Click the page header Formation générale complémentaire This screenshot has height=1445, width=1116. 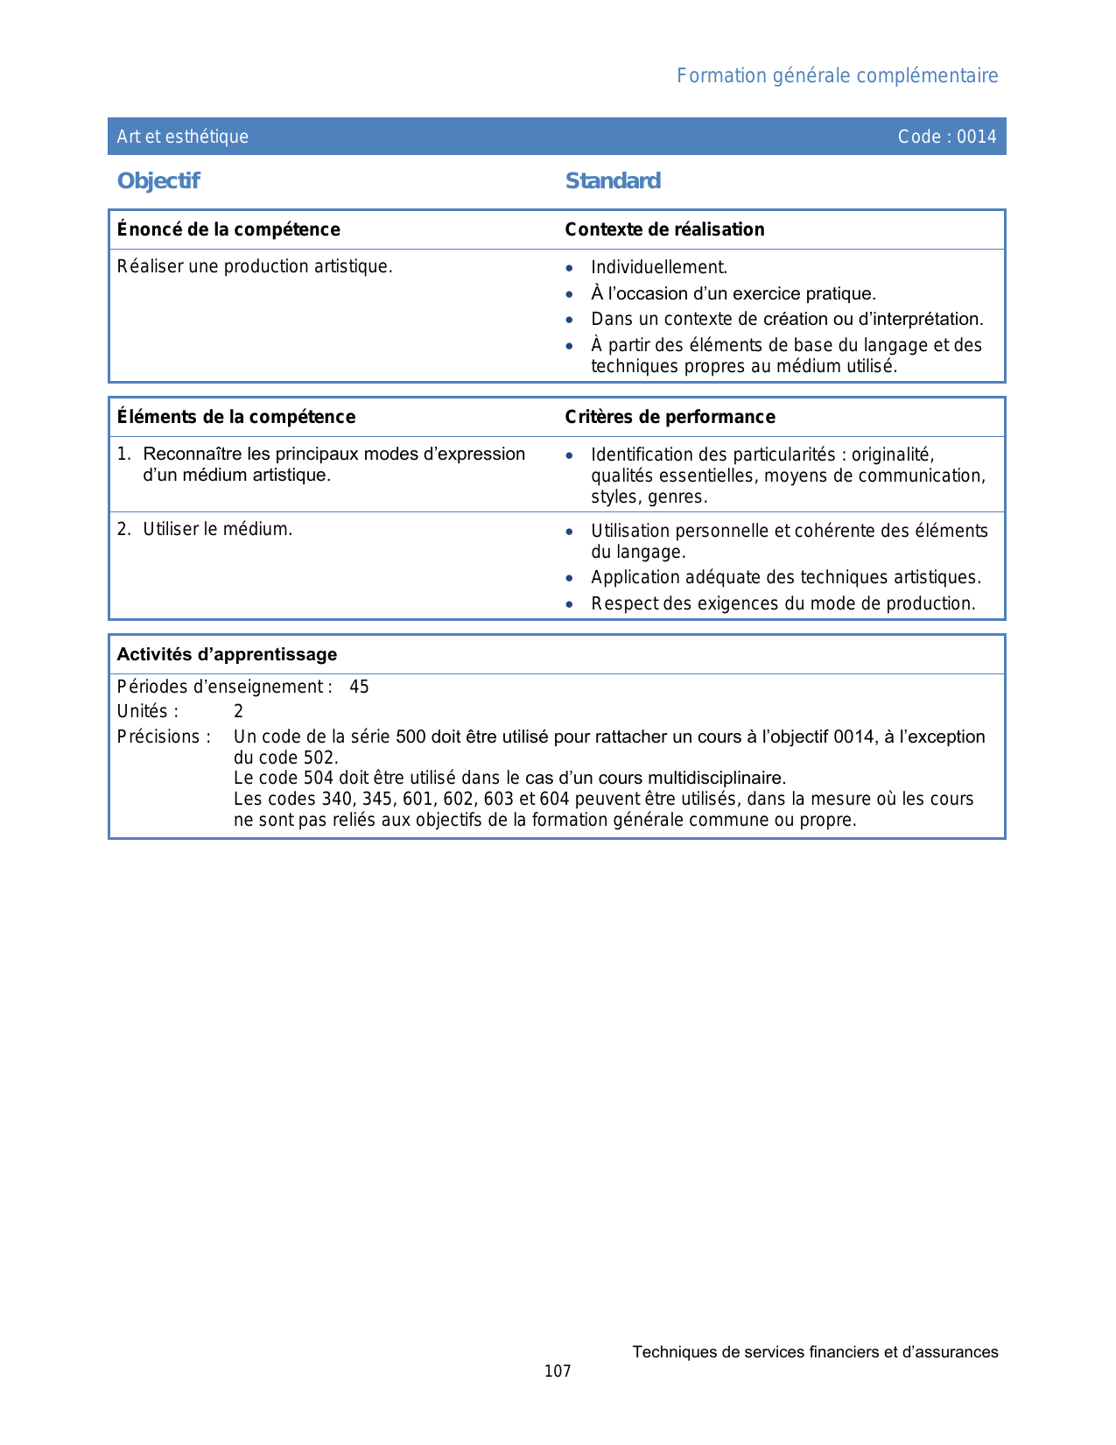[837, 76]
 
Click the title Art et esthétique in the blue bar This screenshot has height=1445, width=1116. [183, 137]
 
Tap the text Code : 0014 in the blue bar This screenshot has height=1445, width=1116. [947, 137]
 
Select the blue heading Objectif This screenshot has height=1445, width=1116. [158, 181]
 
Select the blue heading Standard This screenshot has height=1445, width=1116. [613, 181]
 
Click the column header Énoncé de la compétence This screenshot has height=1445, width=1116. [228, 229]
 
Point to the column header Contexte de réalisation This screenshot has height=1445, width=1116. [664, 229]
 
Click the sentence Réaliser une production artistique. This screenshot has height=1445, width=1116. [255, 266]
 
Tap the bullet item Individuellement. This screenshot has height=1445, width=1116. [659, 267]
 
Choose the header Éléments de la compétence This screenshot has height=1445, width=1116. [236, 417]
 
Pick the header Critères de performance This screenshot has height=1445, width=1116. [670, 417]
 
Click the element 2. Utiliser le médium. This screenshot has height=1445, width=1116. [205, 529]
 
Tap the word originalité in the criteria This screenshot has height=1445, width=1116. [892, 455]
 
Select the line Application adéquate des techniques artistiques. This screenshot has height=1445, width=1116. [785, 577]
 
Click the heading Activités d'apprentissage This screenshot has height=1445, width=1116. [227, 654]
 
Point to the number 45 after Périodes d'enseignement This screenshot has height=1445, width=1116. [359, 687]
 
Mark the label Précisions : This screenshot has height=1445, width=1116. [164, 737]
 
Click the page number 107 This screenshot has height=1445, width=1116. [558, 1371]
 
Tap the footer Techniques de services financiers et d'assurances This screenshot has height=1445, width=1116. [815, 1352]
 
